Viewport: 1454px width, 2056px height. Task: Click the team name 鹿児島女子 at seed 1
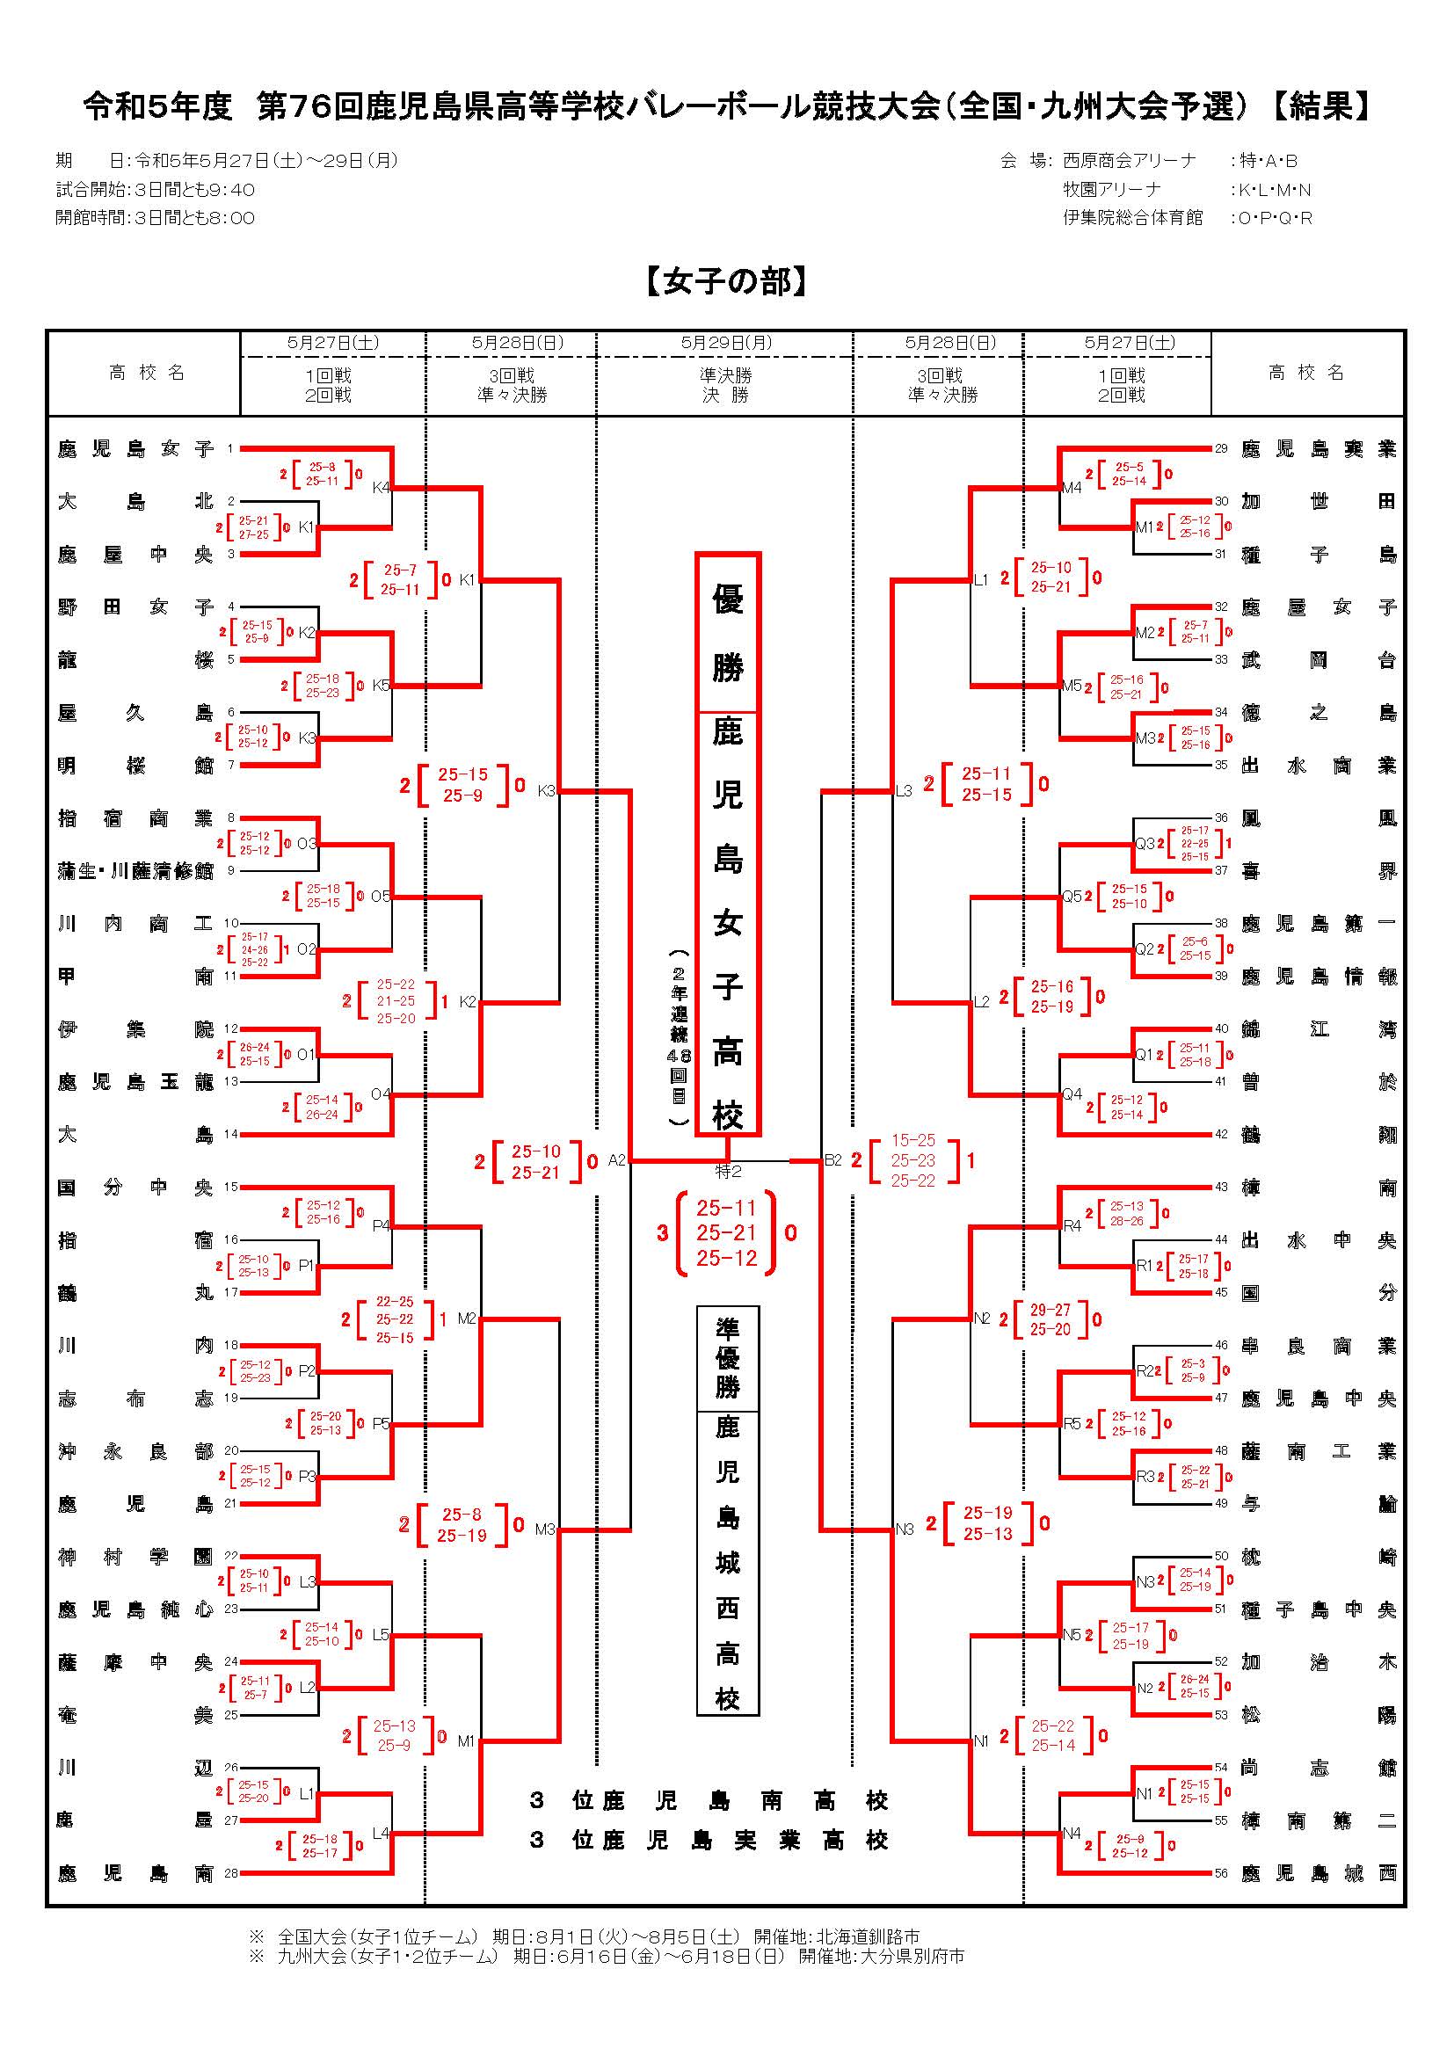[135, 448]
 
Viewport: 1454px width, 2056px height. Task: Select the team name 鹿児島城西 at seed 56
[1318, 1872]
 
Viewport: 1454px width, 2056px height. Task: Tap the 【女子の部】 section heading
[726, 282]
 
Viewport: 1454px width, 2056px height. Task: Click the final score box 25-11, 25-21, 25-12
[726, 1233]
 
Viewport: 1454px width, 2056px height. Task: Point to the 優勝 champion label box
[727, 633]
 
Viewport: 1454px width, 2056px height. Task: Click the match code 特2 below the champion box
[728, 1170]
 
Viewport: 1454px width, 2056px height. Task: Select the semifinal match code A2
[617, 1160]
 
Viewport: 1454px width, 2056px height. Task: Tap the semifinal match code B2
[833, 1160]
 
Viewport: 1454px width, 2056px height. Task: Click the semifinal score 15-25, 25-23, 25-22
[912, 1160]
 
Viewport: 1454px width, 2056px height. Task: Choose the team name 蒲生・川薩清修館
[135, 871]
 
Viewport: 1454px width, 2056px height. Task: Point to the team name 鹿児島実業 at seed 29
[1318, 448]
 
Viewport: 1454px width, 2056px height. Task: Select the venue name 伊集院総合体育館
[1132, 218]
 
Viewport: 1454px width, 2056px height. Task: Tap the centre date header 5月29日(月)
[726, 343]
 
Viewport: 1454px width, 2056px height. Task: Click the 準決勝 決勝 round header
[726, 385]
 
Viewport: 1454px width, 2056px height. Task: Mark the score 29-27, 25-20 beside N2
[1050, 1320]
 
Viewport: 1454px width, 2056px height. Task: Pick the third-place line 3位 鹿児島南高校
[709, 1800]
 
